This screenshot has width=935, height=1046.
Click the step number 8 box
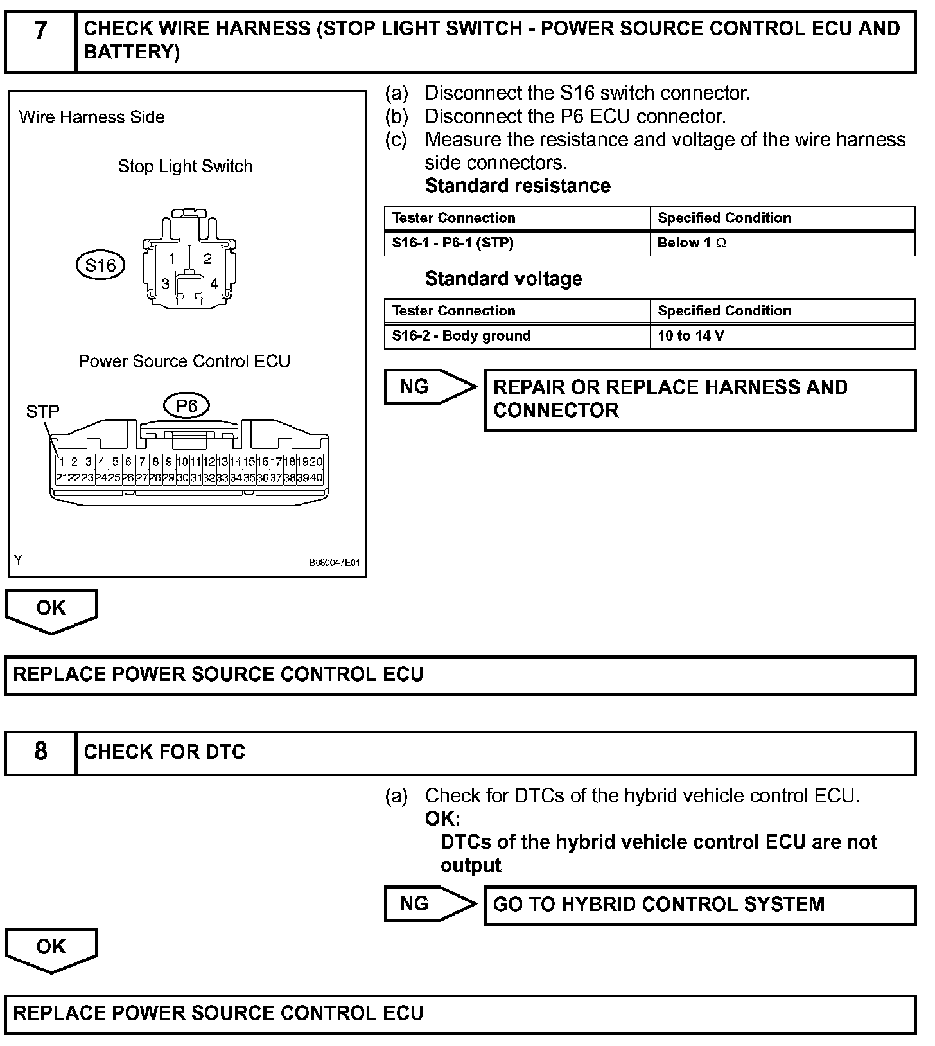coord(40,752)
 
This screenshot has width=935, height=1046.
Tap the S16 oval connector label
coord(100,265)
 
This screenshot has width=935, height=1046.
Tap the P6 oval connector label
coord(186,405)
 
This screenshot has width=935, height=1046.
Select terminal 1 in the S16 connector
coord(171,259)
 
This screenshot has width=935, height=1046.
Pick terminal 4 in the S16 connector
coord(213,283)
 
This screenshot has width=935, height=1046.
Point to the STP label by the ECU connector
coord(42,411)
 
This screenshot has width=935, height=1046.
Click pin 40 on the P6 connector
coord(317,477)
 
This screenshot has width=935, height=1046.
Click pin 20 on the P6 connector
coord(317,461)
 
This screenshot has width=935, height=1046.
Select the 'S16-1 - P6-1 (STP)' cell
coord(517,243)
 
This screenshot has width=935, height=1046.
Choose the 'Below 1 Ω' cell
coord(782,243)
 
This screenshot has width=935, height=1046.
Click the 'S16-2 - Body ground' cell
coord(517,336)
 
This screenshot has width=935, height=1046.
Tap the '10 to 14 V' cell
coord(782,336)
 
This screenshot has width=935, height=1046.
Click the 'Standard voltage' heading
coord(503,279)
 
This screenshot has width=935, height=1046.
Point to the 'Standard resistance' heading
coord(518,186)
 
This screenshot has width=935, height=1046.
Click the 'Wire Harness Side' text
coord(92,117)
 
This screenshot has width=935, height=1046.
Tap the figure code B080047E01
coord(335,563)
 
